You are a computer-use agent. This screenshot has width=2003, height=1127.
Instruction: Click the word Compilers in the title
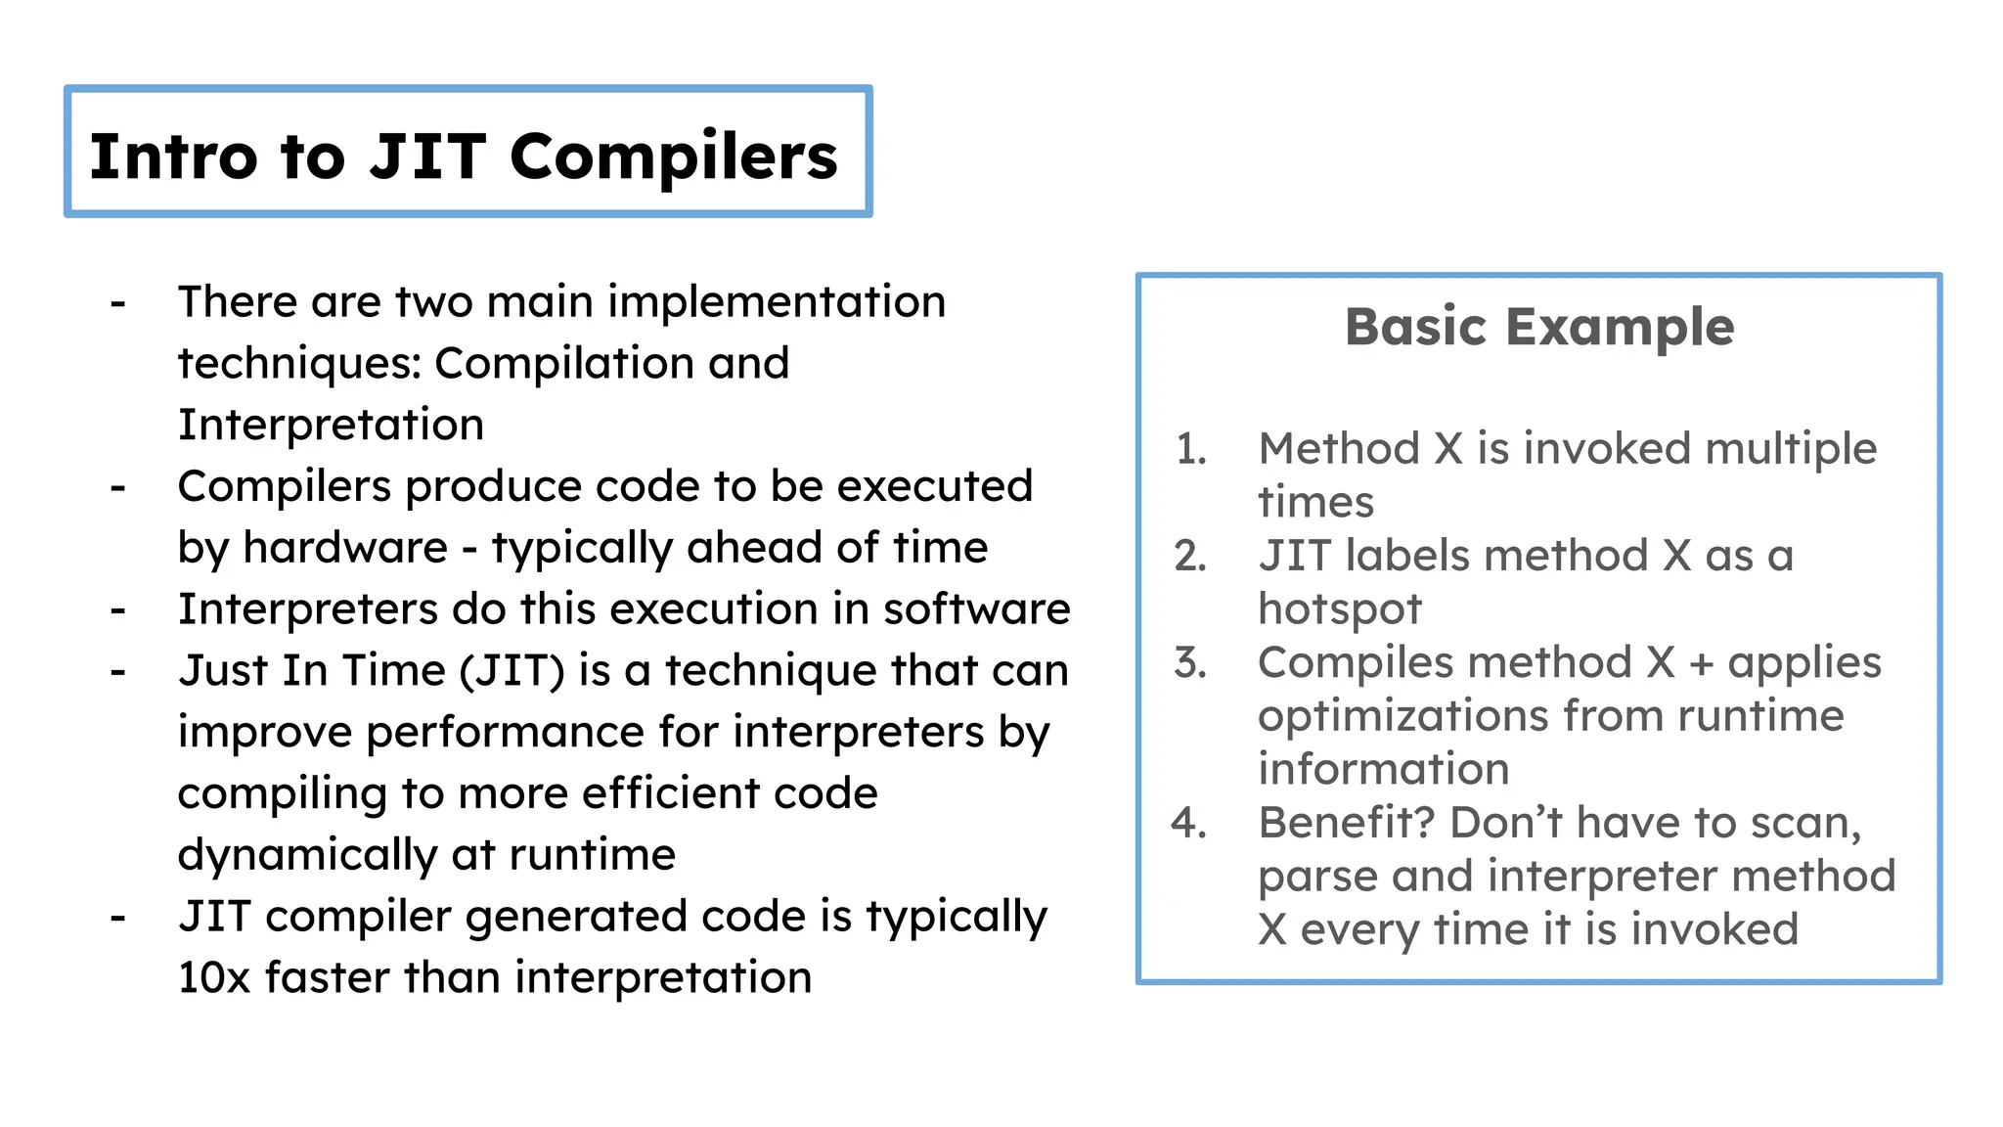tap(673, 157)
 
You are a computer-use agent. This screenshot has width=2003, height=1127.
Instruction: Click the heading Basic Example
tap(1539, 327)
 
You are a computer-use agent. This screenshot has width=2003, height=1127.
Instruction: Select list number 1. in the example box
tap(1191, 449)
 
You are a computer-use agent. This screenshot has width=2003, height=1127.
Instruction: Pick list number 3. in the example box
tap(1190, 663)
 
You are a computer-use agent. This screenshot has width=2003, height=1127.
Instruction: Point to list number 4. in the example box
tap(1189, 824)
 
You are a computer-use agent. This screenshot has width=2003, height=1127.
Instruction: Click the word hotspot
tap(1339, 609)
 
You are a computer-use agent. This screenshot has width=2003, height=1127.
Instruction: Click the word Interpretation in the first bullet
tap(331, 426)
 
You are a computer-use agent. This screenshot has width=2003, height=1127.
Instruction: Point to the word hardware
tap(345, 548)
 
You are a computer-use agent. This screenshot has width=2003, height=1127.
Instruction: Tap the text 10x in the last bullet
tap(214, 977)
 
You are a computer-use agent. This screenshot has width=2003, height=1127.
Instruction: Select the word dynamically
tap(307, 855)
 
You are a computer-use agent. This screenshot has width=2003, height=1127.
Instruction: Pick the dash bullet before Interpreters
tap(118, 610)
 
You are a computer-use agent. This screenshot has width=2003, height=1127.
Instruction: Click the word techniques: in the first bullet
tap(299, 364)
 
